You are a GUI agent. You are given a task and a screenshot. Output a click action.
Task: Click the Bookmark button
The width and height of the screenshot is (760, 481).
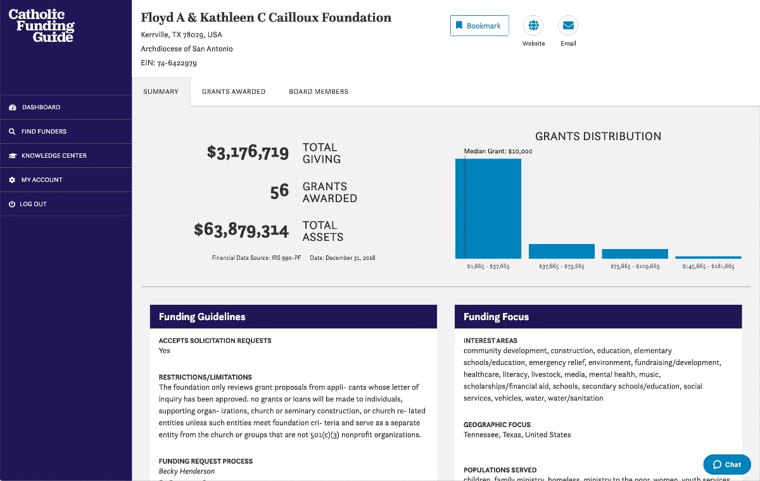[479, 26]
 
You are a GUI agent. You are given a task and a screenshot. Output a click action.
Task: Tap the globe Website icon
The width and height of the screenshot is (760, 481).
[533, 25]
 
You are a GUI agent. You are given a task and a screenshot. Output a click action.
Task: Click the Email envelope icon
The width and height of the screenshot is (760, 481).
[568, 25]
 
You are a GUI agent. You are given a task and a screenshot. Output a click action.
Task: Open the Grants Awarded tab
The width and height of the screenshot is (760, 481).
[234, 92]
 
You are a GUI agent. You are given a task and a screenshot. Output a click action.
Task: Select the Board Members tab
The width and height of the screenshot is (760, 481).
[319, 92]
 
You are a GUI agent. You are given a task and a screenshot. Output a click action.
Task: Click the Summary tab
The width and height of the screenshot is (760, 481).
[161, 92]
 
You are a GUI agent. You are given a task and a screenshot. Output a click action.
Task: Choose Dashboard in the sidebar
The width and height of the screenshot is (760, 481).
[41, 107]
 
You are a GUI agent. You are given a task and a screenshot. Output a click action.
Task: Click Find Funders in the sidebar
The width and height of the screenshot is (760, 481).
[44, 131]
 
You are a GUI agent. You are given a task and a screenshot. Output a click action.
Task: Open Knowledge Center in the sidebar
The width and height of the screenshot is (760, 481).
[54, 155]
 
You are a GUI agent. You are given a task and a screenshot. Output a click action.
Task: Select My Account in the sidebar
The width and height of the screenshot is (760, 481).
[42, 180]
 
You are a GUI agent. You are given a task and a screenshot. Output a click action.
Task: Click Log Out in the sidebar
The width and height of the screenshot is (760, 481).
[34, 204]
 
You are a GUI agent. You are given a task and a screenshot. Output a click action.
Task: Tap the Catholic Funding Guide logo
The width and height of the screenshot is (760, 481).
[42, 25]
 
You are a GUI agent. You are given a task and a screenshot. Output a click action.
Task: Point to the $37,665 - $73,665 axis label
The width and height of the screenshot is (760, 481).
[561, 267]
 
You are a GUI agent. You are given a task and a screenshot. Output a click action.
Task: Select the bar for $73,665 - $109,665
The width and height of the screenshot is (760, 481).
[635, 253]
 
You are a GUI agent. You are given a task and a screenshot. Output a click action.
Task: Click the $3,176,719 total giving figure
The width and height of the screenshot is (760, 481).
[248, 153]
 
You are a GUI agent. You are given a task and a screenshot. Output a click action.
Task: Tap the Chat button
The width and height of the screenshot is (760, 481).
[727, 465]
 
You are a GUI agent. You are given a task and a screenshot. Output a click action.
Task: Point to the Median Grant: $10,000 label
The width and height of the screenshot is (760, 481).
[498, 151]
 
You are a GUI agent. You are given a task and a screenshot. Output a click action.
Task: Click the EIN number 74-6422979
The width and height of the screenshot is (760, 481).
[177, 63]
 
